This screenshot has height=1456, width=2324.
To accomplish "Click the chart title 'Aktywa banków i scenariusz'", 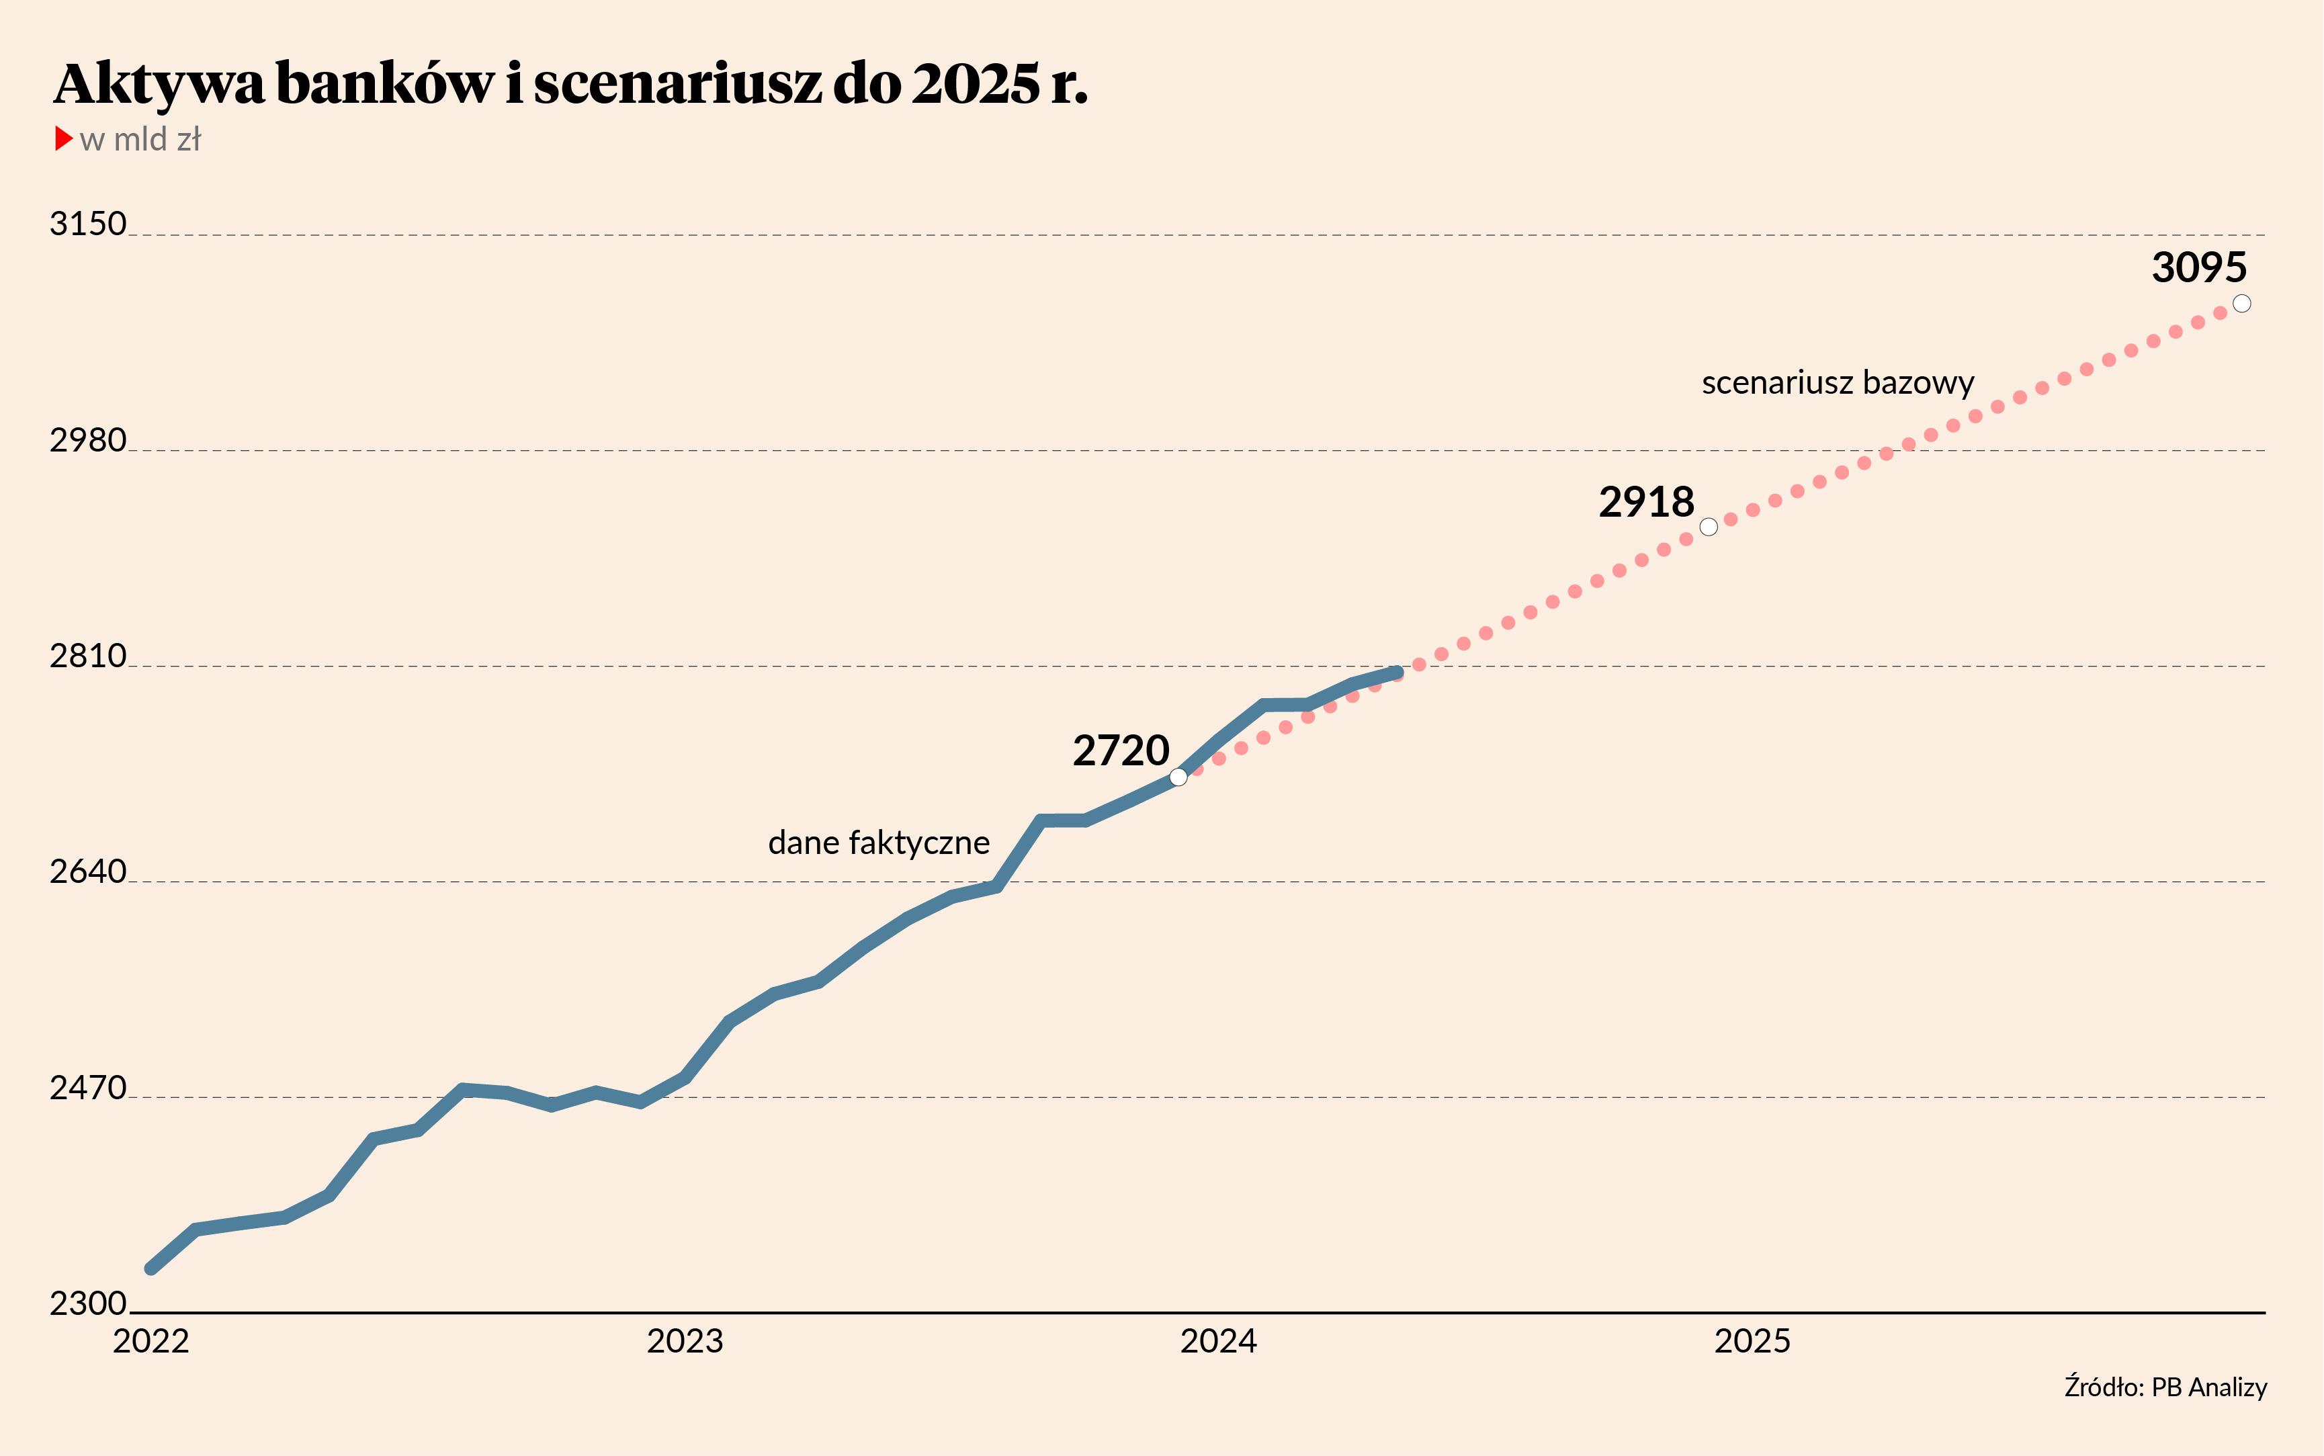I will pyautogui.click(x=570, y=85).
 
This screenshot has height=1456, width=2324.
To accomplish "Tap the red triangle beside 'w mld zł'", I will pyautogui.click(x=64, y=138).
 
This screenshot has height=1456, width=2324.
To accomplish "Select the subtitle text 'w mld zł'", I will pyautogui.click(x=140, y=140).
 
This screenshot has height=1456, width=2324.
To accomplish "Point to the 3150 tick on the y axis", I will pyautogui.click(x=87, y=224).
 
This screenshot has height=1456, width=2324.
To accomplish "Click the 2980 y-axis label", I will pyautogui.click(x=87, y=440).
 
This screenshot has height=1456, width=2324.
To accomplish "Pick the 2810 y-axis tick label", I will pyautogui.click(x=87, y=656).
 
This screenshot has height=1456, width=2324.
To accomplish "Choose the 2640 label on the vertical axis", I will pyautogui.click(x=87, y=871).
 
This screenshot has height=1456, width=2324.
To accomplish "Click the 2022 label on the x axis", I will pyautogui.click(x=151, y=1341).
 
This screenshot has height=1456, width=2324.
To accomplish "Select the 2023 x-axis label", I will pyautogui.click(x=685, y=1341).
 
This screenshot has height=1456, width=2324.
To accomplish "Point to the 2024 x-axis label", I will pyautogui.click(x=1218, y=1341).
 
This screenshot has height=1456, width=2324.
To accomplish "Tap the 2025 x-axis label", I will pyautogui.click(x=1752, y=1341).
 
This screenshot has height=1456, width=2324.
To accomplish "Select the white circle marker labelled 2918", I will pyautogui.click(x=1709, y=527).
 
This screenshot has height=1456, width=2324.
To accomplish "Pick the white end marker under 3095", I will pyautogui.click(x=2242, y=303).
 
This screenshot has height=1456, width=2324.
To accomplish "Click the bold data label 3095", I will pyautogui.click(x=2199, y=267).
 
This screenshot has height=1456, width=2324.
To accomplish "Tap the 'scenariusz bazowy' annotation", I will pyautogui.click(x=1838, y=383).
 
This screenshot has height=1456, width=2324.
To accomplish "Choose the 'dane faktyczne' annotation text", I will pyautogui.click(x=879, y=843).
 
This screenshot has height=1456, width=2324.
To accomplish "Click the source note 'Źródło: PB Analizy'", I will pyautogui.click(x=2165, y=1387).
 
